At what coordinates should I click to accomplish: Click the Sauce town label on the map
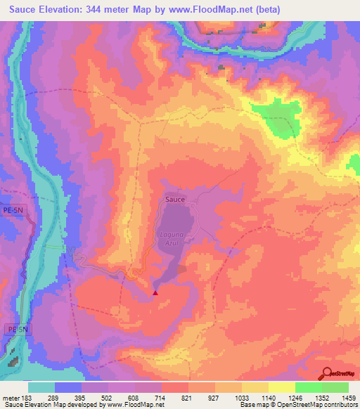[175, 200]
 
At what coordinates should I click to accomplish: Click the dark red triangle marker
[155, 292]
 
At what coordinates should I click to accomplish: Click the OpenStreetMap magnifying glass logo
[326, 374]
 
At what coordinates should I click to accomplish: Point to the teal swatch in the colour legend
[41, 387]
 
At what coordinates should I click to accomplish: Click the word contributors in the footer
[340, 405]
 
